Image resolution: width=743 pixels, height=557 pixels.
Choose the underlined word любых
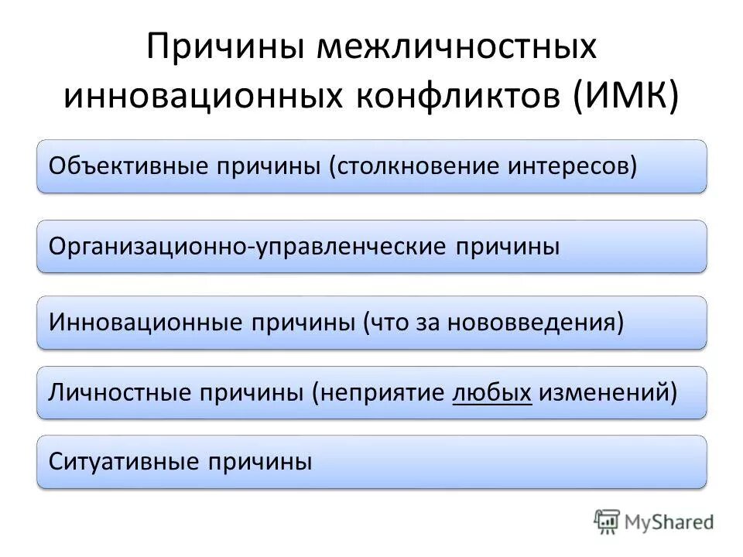[491, 392]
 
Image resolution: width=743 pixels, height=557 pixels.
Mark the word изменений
[608, 392]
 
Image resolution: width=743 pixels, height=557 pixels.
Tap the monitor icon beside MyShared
[608, 521]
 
